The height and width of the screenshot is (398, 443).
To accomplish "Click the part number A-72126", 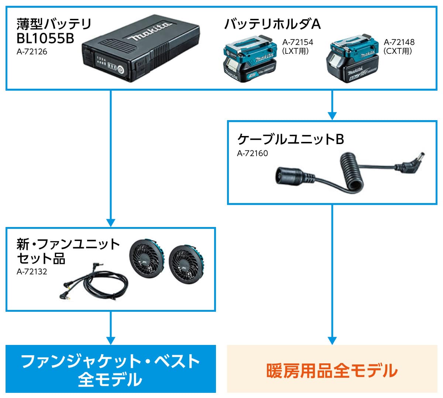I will tap(32, 52).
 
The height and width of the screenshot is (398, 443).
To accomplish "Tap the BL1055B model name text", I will tap(45, 38).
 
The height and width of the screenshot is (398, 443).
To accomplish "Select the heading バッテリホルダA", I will tap(272, 24).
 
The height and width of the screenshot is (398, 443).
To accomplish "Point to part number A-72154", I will tap(298, 43).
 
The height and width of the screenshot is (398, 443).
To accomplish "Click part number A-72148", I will tap(399, 43).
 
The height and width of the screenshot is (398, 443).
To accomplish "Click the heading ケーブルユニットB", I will tap(291, 139).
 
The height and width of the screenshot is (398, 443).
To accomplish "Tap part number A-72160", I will tap(253, 153).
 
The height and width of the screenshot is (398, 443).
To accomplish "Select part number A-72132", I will tap(32, 272).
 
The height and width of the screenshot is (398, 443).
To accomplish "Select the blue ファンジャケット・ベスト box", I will tap(111, 369).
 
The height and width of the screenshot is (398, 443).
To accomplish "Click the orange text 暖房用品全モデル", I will tap(332, 370).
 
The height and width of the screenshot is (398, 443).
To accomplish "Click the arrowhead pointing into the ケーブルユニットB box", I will tap(332, 116).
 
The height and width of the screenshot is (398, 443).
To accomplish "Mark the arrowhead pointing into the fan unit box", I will tap(111, 223).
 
